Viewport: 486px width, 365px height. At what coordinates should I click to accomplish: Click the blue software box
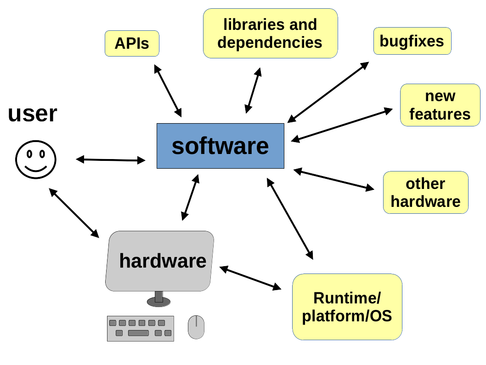(220, 146)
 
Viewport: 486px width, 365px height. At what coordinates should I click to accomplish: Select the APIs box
(132, 44)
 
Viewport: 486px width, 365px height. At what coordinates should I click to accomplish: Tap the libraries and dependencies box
(270, 34)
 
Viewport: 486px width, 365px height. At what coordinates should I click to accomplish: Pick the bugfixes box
(412, 41)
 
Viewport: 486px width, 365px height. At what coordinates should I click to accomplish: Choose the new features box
(440, 105)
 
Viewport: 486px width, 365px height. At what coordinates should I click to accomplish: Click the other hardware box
(425, 193)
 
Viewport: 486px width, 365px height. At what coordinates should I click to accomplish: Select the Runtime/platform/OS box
(347, 307)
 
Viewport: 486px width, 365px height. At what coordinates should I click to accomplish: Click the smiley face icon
(36, 160)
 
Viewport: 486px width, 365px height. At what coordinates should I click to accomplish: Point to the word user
(33, 114)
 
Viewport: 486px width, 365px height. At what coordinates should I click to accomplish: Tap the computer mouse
(196, 327)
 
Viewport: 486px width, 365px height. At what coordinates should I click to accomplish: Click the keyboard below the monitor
(140, 328)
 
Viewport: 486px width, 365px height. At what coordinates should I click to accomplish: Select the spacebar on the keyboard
(138, 333)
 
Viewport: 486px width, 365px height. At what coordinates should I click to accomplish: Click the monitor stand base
(158, 302)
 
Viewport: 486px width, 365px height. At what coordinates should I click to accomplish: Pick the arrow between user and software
(110, 160)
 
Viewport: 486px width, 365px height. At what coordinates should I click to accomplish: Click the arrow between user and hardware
(74, 213)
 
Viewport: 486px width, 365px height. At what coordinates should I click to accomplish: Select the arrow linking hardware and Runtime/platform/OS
(250, 278)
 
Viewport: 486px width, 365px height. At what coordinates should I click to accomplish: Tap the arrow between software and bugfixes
(328, 92)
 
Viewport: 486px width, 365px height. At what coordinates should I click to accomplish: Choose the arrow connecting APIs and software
(168, 91)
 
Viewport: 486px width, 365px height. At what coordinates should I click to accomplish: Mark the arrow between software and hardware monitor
(190, 198)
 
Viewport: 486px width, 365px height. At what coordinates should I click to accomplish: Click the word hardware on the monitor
(163, 261)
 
